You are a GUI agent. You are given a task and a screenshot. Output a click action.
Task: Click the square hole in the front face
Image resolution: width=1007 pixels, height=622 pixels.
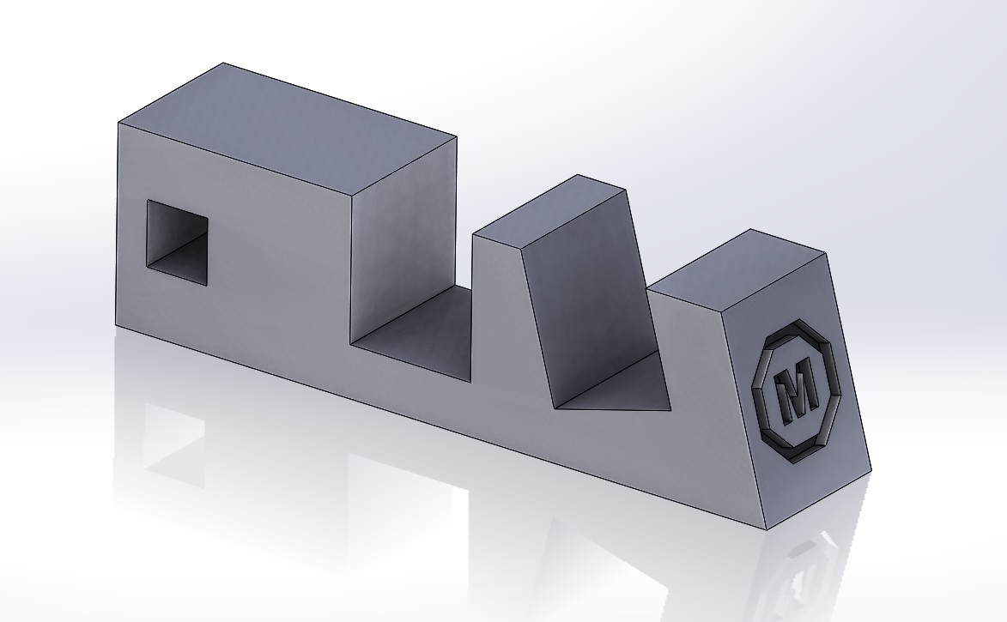click(x=177, y=242)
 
